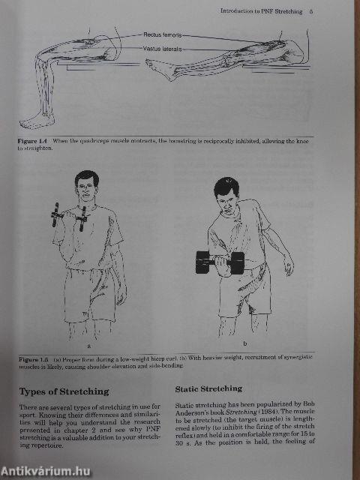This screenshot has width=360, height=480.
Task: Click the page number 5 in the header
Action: (310, 10)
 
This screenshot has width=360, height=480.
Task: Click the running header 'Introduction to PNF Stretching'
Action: (262, 10)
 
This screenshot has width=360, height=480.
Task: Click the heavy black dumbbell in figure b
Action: (220, 262)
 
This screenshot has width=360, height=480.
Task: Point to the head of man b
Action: (227, 193)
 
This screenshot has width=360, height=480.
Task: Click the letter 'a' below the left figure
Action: (89, 346)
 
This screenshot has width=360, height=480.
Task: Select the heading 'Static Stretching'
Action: (208, 388)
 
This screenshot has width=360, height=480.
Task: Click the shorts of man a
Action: (91, 292)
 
